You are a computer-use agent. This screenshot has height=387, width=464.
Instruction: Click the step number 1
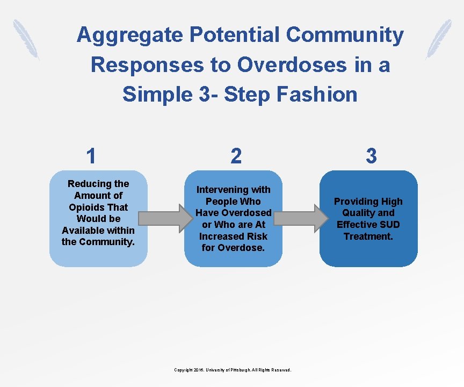point(91,156)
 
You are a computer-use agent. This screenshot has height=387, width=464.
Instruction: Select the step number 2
point(236,156)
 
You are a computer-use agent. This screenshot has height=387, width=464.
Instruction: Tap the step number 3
point(371,156)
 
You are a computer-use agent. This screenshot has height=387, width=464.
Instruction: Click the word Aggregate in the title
point(129,35)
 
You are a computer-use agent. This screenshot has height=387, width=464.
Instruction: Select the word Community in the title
point(345,35)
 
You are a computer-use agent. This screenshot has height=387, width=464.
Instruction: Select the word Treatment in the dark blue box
point(368,236)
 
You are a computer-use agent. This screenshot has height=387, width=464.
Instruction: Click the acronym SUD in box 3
point(387,225)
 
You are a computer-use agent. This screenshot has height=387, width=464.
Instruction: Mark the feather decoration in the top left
point(26,39)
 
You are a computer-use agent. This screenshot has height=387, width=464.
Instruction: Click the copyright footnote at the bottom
point(233,370)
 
